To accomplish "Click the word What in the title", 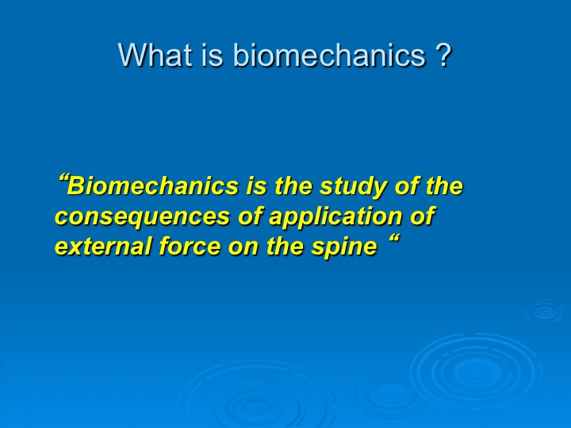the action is [155, 55].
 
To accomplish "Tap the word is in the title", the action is [212, 55].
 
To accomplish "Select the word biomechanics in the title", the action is [329, 55].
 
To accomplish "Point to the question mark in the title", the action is [443, 55].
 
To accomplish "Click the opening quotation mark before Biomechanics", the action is [63, 180].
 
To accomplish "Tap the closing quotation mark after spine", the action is [394, 240].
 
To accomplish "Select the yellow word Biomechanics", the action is [153, 186].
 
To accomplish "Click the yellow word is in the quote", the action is [257, 186].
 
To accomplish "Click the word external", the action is [103, 246].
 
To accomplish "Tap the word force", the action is [190, 246].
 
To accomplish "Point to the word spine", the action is [344, 247].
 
